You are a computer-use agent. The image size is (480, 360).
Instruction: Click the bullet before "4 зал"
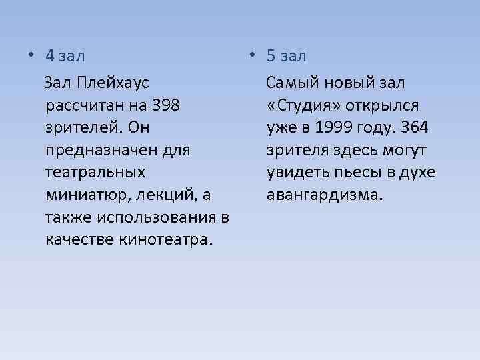tap(31, 56)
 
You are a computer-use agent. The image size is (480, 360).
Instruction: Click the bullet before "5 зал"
tap(256, 56)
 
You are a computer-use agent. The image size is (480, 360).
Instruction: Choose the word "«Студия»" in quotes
tap(302, 106)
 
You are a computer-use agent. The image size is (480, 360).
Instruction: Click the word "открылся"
tap(382, 106)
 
